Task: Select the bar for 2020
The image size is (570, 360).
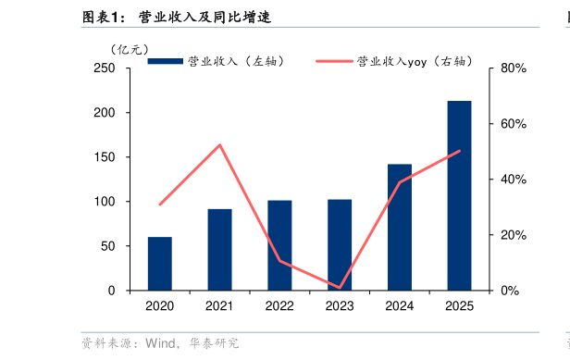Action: click(x=159, y=264)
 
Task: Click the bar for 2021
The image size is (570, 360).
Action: click(x=219, y=250)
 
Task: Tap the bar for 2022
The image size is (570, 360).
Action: click(x=279, y=245)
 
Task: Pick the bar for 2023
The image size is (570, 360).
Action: click(x=340, y=244)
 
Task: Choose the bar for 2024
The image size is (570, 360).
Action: click(x=400, y=227)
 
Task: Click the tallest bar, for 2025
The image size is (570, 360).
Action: click(x=459, y=195)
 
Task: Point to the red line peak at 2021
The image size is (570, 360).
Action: click(x=219, y=144)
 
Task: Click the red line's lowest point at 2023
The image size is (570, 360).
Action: click(x=340, y=288)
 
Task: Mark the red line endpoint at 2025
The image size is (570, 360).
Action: click(x=459, y=151)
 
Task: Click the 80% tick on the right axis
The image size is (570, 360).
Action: click(x=513, y=68)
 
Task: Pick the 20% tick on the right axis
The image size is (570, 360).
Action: click(x=513, y=235)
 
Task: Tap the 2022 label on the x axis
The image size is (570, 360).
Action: click(x=279, y=306)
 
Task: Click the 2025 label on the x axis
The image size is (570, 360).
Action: click(x=459, y=306)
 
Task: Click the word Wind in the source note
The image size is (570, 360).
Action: click(x=156, y=343)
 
